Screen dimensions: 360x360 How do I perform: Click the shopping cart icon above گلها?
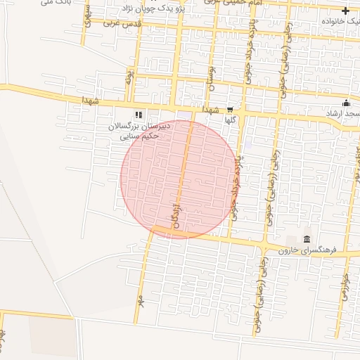pos(229,110)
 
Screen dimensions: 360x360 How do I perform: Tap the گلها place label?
pos(229,120)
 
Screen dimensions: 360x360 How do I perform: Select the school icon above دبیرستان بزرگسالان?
pos(138,114)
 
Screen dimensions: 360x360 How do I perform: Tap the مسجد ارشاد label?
pos(342,113)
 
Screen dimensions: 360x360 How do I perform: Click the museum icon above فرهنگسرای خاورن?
pos(307,240)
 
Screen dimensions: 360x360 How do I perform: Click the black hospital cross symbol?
pos(345,11)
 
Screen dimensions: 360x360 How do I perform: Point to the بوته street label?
pos(128,76)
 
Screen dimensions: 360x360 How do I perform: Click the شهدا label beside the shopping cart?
pos(210,110)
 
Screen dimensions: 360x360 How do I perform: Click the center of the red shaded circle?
pos(179,179)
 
